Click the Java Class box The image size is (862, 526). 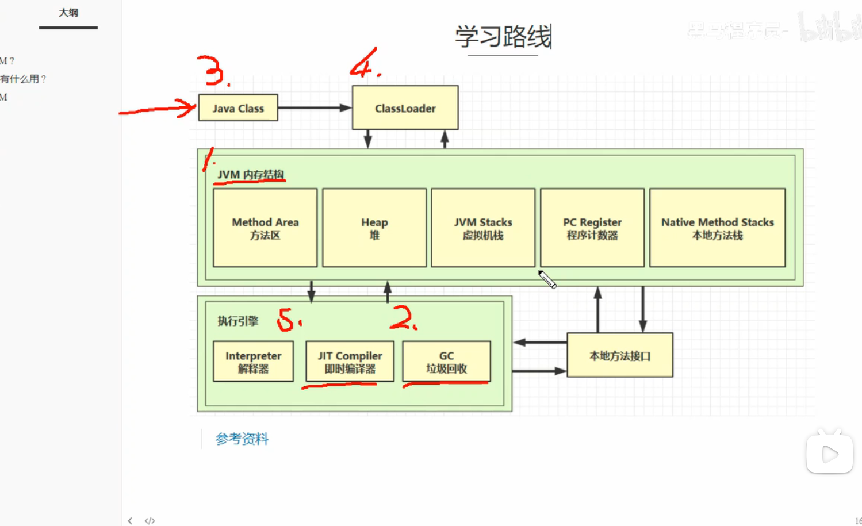point(238,108)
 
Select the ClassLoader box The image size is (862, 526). point(405,108)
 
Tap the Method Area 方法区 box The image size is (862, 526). point(265,228)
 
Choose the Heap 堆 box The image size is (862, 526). point(374,228)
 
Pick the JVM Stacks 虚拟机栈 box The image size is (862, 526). point(483,228)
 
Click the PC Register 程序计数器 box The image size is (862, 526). point(592,228)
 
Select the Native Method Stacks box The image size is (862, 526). point(717,228)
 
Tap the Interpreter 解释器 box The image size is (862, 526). point(253,362)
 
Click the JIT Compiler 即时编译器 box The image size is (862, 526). point(350,362)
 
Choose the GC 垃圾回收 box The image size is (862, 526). point(446,362)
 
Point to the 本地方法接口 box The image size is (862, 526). point(620,356)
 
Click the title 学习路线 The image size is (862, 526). point(503,37)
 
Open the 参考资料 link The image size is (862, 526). point(242,439)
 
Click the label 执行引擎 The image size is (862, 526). point(237,321)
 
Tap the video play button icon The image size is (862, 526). point(829,454)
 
